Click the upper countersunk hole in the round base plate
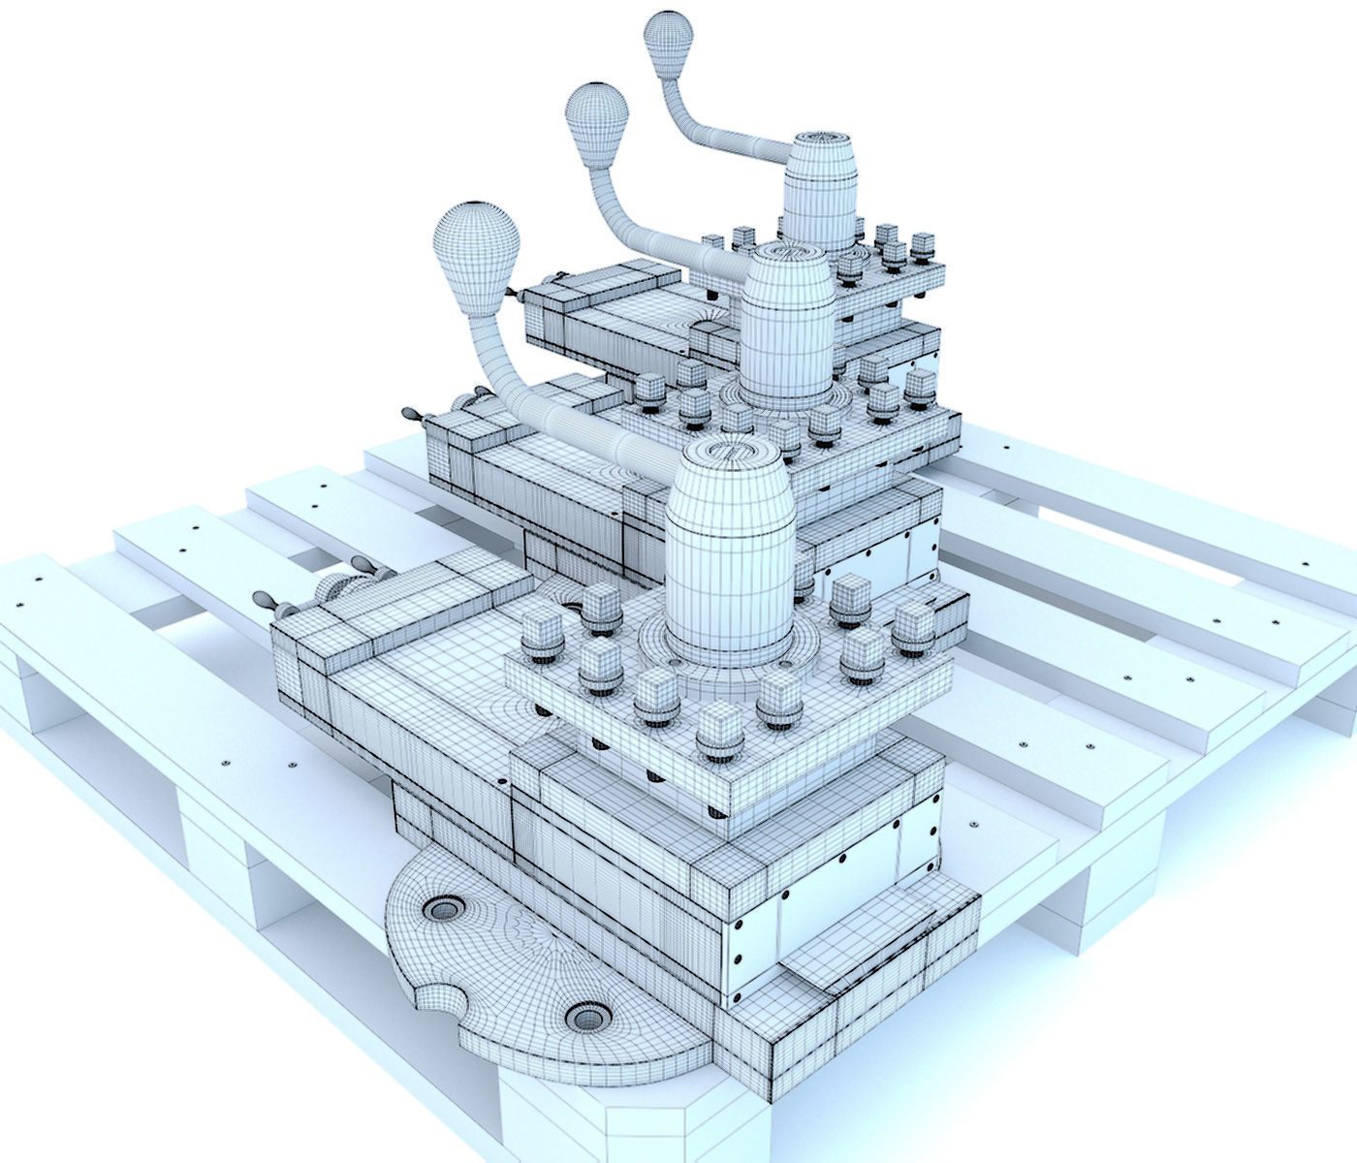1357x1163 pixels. pyautogui.click(x=443, y=909)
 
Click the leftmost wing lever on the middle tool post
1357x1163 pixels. pyautogui.click(x=411, y=415)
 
